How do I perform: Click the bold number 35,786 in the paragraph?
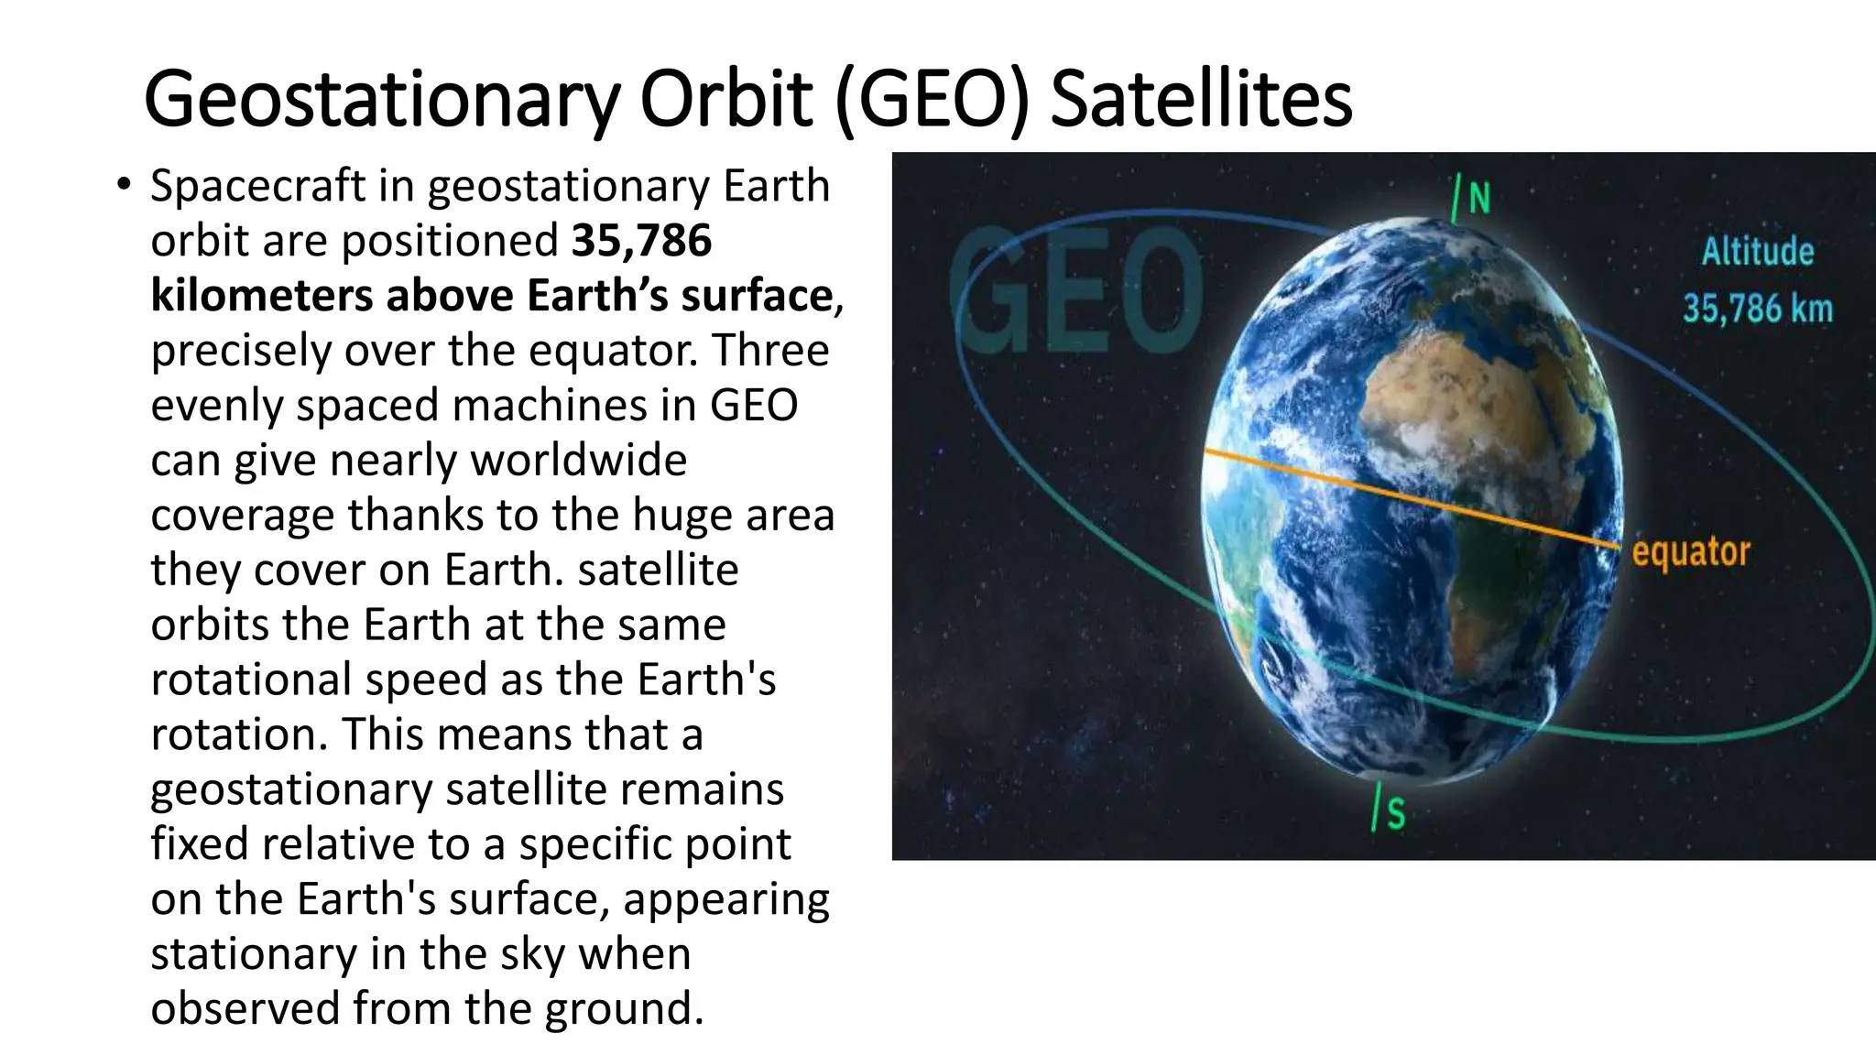click(641, 241)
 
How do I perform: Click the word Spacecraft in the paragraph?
click(258, 186)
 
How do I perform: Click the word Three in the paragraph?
click(770, 351)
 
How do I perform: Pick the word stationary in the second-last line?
click(253, 953)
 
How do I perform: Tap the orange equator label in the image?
click(1690, 552)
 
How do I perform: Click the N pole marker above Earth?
click(1477, 198)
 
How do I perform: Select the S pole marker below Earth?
click(1393, 812)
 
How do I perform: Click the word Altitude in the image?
click(1757, 251)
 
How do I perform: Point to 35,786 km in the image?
click(1757, 309)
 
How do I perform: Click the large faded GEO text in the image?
click(1076, 291)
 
